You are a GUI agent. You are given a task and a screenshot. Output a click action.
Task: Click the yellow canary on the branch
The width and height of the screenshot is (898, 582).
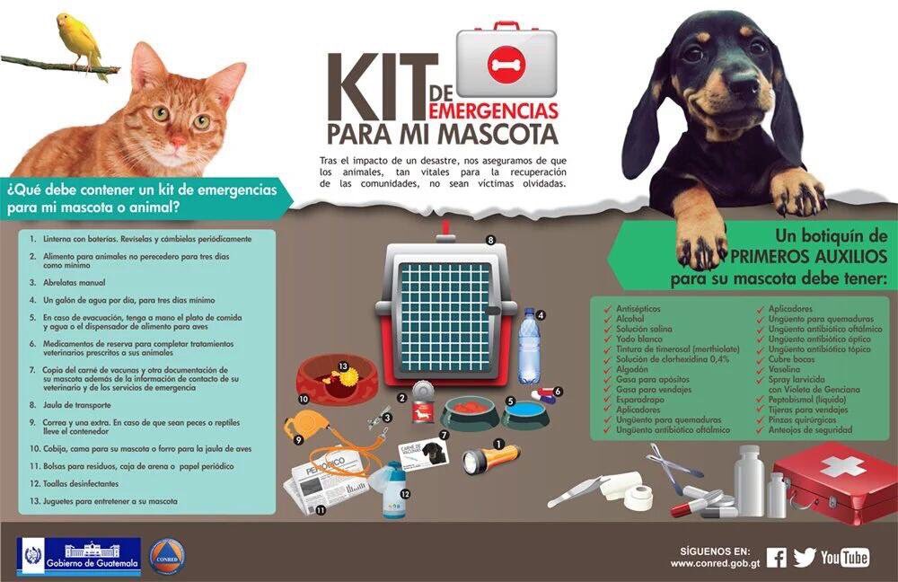pyautogui.click(x=80, y=44)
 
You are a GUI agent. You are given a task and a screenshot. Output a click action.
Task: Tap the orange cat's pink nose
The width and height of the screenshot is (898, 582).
pyautogui.click(x=178, y=141)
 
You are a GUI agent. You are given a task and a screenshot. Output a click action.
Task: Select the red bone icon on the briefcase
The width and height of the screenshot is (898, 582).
pyautogui.click(x=506, y=63)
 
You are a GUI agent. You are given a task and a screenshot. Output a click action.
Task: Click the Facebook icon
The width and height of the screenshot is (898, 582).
pyautogui.click(x=777, y=558)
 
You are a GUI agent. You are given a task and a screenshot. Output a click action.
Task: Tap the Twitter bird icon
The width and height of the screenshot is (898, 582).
pyautogui.click(x=804, y=558)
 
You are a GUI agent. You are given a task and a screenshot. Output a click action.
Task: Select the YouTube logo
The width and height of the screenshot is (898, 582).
pyautogui.click(x=845, y=558)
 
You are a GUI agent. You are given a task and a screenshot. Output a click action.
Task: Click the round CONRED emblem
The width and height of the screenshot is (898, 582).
pyautogui.click(x=167, y=556)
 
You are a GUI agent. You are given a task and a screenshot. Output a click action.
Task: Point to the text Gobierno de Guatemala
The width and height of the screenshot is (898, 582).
pyautogui.click(x=92, y=564)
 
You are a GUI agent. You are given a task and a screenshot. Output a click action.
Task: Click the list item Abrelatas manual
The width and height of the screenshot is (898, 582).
pyautogui.click(x=75, y=282)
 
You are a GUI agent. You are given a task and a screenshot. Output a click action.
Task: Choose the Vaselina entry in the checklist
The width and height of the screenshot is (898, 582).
pyautogui.click(x=784, y=369)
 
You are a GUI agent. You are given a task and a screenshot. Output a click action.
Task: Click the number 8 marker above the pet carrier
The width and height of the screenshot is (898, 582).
pyautogui.click(x=490, y=240)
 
